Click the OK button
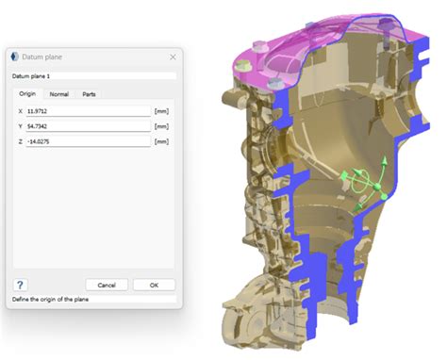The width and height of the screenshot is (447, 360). [x=154, y=285]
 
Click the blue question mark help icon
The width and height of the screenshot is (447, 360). [x=20, y=285]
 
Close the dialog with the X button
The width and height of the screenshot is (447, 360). [x=173, y=57]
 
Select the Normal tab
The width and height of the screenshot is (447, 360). [x=59, y=94]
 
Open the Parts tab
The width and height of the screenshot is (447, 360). [x=89, y=94]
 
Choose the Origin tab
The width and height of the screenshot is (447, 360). [x=27, y=93]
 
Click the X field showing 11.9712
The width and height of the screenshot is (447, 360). [x=89, y=111]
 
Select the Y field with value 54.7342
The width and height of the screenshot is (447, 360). [x=89, y=126]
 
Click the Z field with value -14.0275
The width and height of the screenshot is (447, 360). [x=89, y=141]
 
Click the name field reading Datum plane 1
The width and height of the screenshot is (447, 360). [x=93, y=76]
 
